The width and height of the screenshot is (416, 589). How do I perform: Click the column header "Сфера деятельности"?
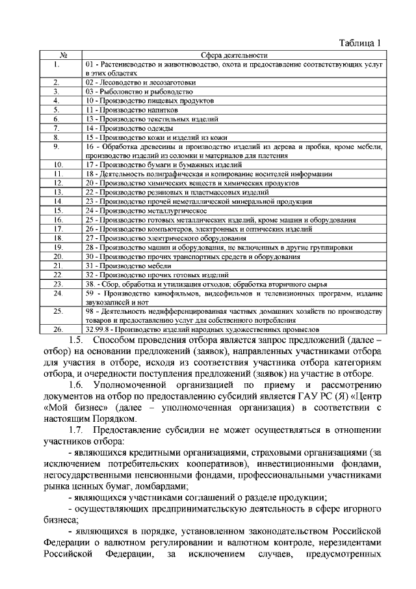[x=226, y=55]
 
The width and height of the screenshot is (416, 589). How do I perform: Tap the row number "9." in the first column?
[x=57, y=147]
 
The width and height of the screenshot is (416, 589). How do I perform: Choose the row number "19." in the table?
[x=57, y=247]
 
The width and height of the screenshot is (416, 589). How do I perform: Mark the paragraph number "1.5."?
[x=76, y=340]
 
